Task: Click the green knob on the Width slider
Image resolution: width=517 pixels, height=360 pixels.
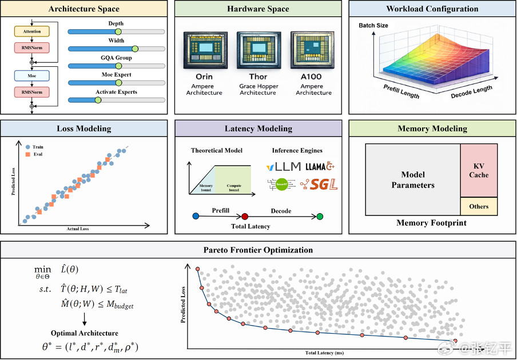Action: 136,49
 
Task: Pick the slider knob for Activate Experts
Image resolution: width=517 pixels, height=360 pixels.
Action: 97,100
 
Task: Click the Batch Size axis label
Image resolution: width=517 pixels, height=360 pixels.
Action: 373,26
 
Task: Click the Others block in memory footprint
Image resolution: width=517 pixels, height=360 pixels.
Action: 479,206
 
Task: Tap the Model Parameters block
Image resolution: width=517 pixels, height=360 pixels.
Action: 413,180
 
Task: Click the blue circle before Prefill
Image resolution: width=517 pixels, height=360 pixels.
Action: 196,217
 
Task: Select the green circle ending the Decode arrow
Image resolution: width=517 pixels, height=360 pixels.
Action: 320,217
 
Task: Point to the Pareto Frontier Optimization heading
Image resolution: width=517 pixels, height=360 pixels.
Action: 258,250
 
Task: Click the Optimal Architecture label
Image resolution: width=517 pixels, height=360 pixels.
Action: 85,333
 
